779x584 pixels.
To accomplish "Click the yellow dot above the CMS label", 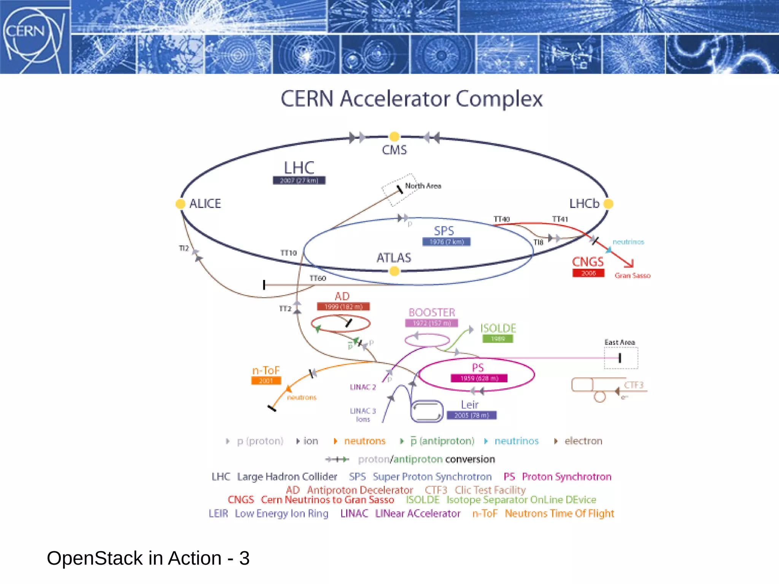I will pyautogui.click(x=394, y=136).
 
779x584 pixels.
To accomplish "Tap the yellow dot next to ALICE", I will pyautogui.click(x=180, y=204).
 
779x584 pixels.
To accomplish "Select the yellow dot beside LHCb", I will pyautogui.click(x=608, y=204).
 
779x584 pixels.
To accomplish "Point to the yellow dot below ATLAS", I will pyautogui.click(x=394, y=271).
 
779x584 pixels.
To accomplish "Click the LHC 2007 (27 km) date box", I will pyautogui.click(x=299, y=181).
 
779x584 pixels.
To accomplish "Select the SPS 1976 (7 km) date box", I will pyautogui.click(x=447, y=242).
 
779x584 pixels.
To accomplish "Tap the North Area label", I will pyautogui.click(x=423, y=186).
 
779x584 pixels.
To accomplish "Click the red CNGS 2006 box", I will pyautogui.click(x=588, y=273).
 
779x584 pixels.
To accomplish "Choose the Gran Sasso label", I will pyautogui.click(x=632, y=276).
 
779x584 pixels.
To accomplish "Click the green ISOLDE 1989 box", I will pyautogui.click(x=498, y=339).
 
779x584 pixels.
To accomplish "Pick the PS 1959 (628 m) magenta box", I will pyautogui.click(x=479, y=378).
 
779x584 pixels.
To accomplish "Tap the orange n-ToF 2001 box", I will pyautogui.click(x=266, y=381).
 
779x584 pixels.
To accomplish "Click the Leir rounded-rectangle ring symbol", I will pyautogui.click(x=427, y=411).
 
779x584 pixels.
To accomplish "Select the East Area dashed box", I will pyautogui.click(x=621, y=358).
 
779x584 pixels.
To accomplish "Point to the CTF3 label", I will pyautogui.click(x=634, y=385).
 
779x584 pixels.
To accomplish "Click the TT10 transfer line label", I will pyautogui.click(x=288, y=253).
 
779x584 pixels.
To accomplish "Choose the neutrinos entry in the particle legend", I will pyautogui.click(x=516, y=441).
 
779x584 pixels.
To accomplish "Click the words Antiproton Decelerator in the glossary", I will pyautogui.click(x=360, y=490).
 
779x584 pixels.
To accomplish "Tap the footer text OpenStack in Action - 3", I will pyautogui.click(x=148, y=558).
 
